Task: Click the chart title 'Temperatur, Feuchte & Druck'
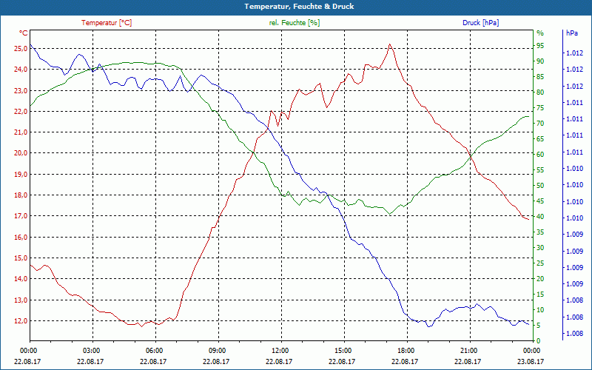[x=296, y=7]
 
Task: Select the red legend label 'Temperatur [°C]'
[x=107, y=23]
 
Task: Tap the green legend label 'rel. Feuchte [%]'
[x=295, y=23]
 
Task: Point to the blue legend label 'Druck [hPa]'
[x=480, y=23]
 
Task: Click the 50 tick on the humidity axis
[x=540, y=186]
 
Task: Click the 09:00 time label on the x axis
[x=218, y=349]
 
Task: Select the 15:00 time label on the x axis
[x=343, y=349]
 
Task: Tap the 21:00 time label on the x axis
[x=468, y=349]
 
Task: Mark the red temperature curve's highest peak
[x=389, y=44]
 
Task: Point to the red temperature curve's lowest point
[x=139, y=326]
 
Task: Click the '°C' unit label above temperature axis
[x=24, y=33]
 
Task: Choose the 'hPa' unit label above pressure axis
[x=571, y=33]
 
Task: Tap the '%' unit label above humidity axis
[x=540, y=33]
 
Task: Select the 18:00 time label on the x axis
[x=406, y=349]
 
